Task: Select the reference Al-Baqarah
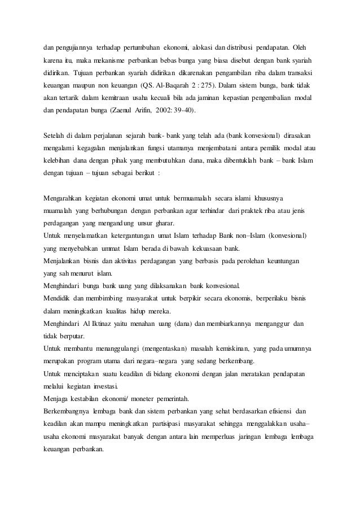pyautogui.click(x=175, y=88)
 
